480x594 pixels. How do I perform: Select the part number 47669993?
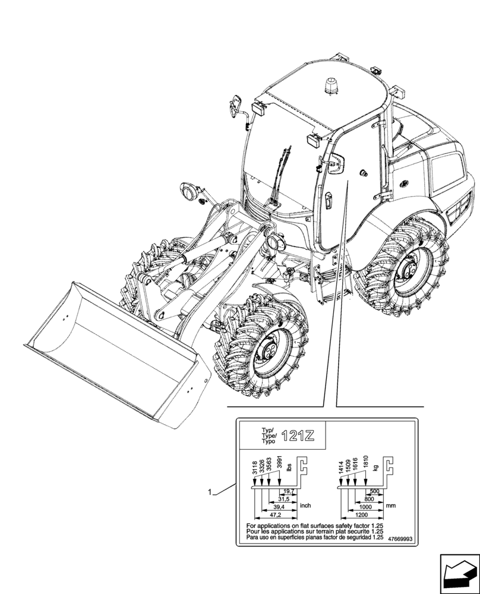coord(400,539)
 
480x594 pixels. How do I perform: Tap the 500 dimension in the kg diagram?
coord(374,492)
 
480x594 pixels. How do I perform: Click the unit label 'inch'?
coord(305,505)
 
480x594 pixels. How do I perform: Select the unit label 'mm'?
coord(390,505)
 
